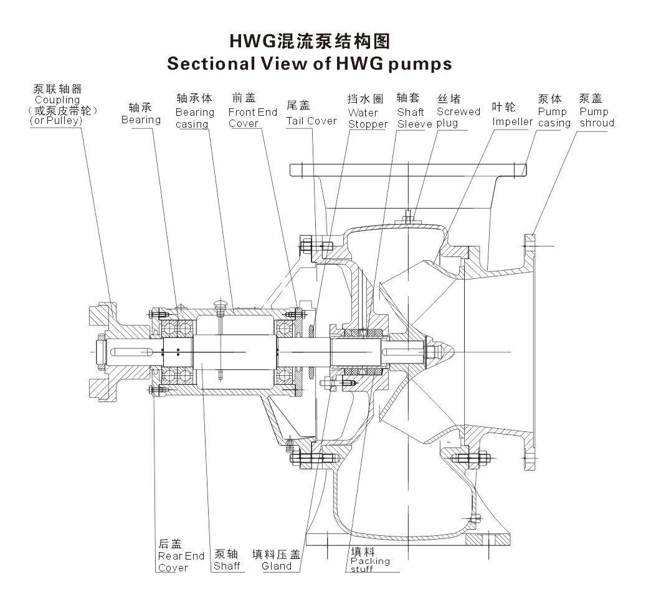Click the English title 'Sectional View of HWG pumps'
[x=310, y=63]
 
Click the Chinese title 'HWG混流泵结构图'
[x=310, y=41]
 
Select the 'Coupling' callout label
[x=57, y=100]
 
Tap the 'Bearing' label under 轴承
[x=141, y=120]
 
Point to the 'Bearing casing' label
[x=194, y=118]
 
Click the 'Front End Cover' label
[x=252, y=118]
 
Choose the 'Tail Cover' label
[x=311, y=121]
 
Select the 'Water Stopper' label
[x=368, y=118]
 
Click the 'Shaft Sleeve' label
[x=414, y=118]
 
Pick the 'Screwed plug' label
[x=458, y=117]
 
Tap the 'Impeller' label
[x=512, y=121]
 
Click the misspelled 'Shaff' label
[x=227, y=566]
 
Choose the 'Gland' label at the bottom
[x=277, y=566]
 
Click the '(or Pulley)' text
[x=56, y=121]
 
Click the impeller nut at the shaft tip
[x=431, y=353]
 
